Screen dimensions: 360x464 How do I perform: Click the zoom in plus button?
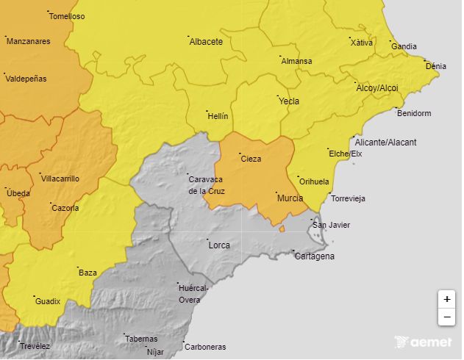point(446,300)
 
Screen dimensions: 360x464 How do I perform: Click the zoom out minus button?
point(446,317)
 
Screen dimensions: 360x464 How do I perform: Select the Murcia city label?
point(289,198)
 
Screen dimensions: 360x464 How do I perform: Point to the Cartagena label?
point(315,256)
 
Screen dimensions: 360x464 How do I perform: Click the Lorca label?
point(219,245)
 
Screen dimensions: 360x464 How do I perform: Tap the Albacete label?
point(206,42)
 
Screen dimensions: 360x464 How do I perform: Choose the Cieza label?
point(251,158)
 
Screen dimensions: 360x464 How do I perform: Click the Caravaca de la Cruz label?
point(207,185)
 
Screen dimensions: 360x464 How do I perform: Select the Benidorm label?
point(413,113)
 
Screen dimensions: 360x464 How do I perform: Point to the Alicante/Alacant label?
point(385,142)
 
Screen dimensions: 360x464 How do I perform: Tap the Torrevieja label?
point(348,199)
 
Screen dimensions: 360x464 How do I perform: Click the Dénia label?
point(435,66)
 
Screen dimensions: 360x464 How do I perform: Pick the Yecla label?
point(289,101)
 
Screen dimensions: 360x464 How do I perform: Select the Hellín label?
point(218,116)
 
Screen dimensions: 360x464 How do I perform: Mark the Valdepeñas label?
point(26,79)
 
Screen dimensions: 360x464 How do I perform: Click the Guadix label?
point(47,301)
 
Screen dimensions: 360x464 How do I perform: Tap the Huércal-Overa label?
point(194,294)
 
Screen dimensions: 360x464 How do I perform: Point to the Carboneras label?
point(205,347)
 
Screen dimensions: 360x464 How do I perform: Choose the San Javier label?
point(331,225)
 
